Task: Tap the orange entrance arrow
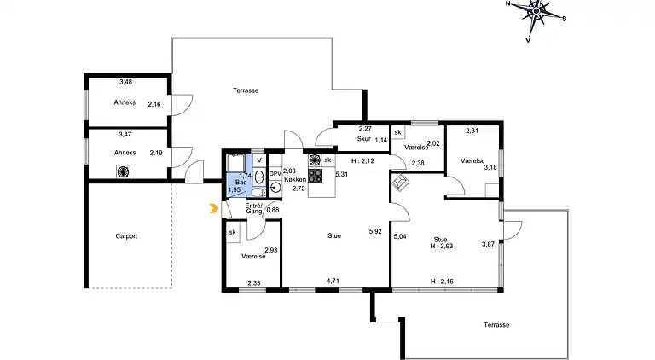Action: click(x=214, y=208)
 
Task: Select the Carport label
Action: click(x=126, y=236)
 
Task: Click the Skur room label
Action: click(x=364, y=139)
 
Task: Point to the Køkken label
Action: click(x=295, y=179)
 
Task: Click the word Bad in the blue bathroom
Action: click(x=241, y=183)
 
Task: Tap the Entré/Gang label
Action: click(x=253, y=208)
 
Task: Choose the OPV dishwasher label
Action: click(x=275, y=174)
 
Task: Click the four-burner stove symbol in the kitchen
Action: click(x=315, y=176)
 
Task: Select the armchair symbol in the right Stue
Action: click(x=401, y=183)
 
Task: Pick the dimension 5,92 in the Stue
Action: click(x=375, y=231)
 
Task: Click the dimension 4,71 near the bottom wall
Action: click(x=333, y=281)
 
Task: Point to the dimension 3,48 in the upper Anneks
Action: click(x=125, y=82)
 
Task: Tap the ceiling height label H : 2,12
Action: click(x=362, y=160)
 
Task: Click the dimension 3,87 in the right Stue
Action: click(x=489, y=244)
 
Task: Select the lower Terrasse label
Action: click(x=496, y=324)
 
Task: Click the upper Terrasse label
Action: click(x=246, y=90)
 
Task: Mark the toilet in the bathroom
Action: click(x=259, y=192)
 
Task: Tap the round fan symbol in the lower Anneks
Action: click(x=123, y=171)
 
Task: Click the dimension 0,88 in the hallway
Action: click(x=273, y=210)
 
